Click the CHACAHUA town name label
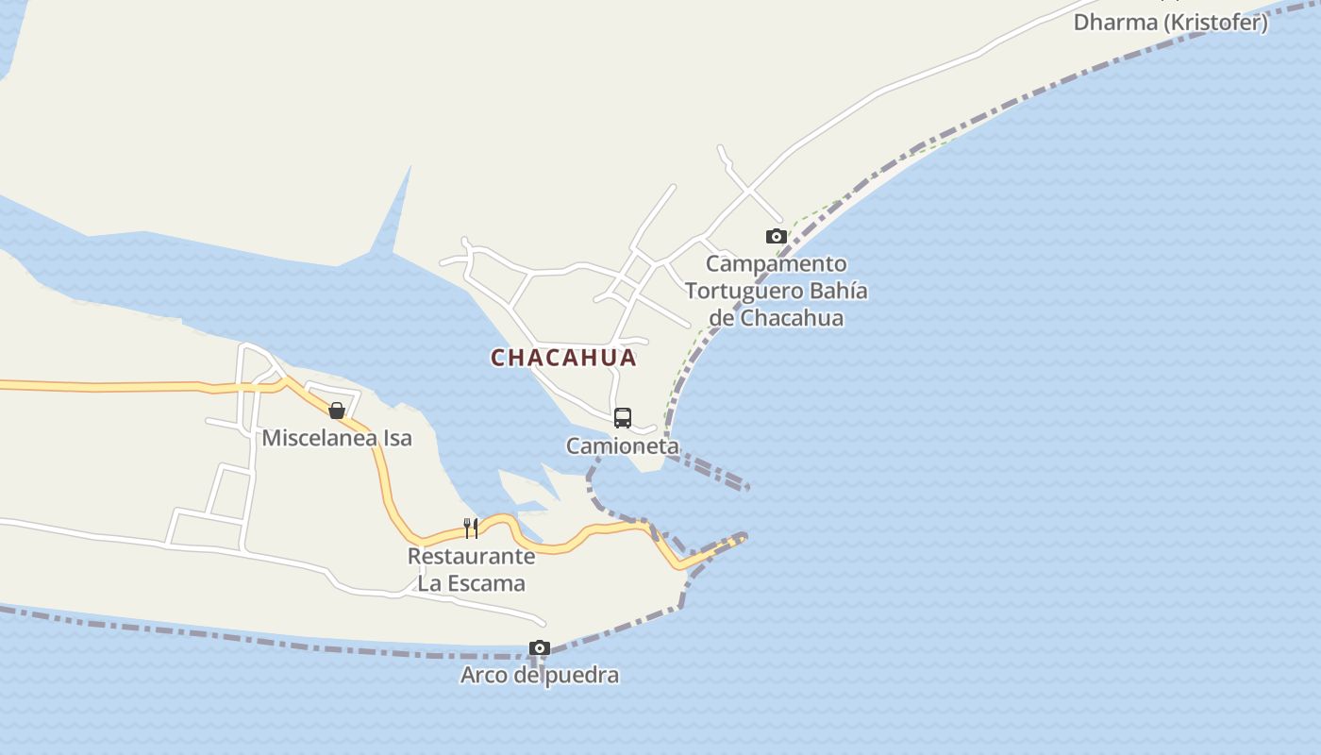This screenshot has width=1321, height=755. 563,359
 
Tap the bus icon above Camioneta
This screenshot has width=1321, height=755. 623,417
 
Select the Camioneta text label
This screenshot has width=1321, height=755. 623,445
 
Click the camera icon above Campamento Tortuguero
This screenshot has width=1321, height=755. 777,236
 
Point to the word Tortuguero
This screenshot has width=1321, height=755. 743,291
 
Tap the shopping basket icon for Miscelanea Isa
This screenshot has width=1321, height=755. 336,411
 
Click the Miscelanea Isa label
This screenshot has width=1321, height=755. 337,438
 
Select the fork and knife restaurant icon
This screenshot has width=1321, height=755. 471,528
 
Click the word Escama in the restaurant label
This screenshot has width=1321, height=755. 486,583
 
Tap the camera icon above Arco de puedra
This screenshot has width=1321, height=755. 540,647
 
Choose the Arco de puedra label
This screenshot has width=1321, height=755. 540,675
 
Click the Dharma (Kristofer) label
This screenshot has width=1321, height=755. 1170,23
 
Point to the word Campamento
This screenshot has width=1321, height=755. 776,263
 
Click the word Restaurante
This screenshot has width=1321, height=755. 471,556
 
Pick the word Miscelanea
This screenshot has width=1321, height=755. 318,438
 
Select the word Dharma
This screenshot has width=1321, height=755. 1113,23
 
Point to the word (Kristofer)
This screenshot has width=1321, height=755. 1214,23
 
